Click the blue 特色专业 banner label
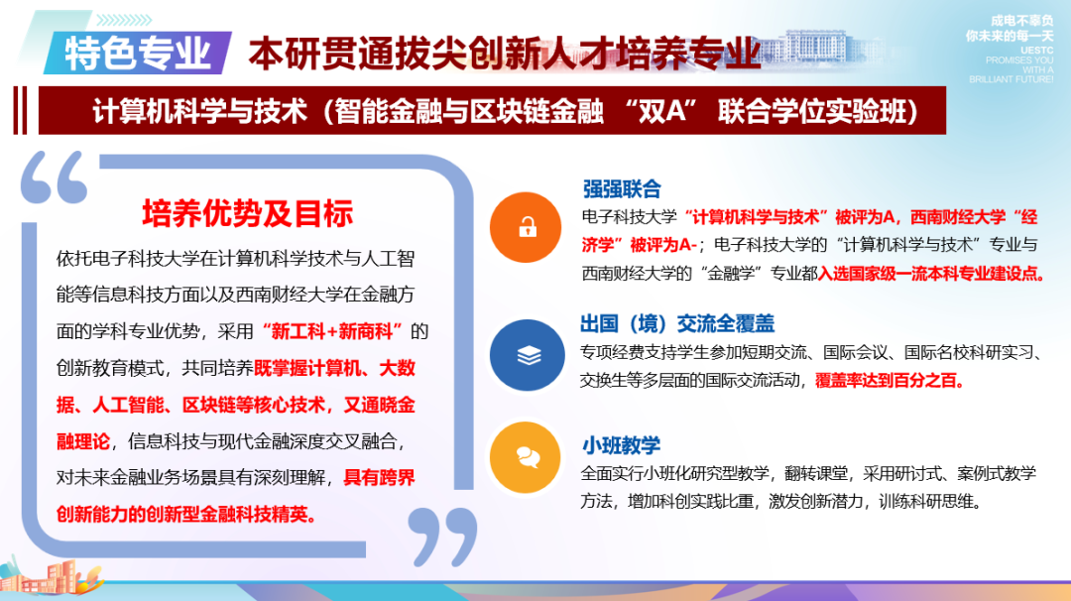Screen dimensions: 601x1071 pyautogui.click(x=139, y=52)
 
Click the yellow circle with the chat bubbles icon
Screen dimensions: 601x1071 pyautogui.click(x=527, y=455)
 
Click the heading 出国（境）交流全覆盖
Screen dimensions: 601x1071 pyautogui.click(x=677, y=324)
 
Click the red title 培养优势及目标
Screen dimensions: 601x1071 pyautogui.click(x=248, y=213)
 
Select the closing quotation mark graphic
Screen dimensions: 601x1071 pyautogui.click(x=442, y=536)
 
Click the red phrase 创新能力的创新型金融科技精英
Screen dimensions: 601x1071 pyautogui.click(x=187, y=515)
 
